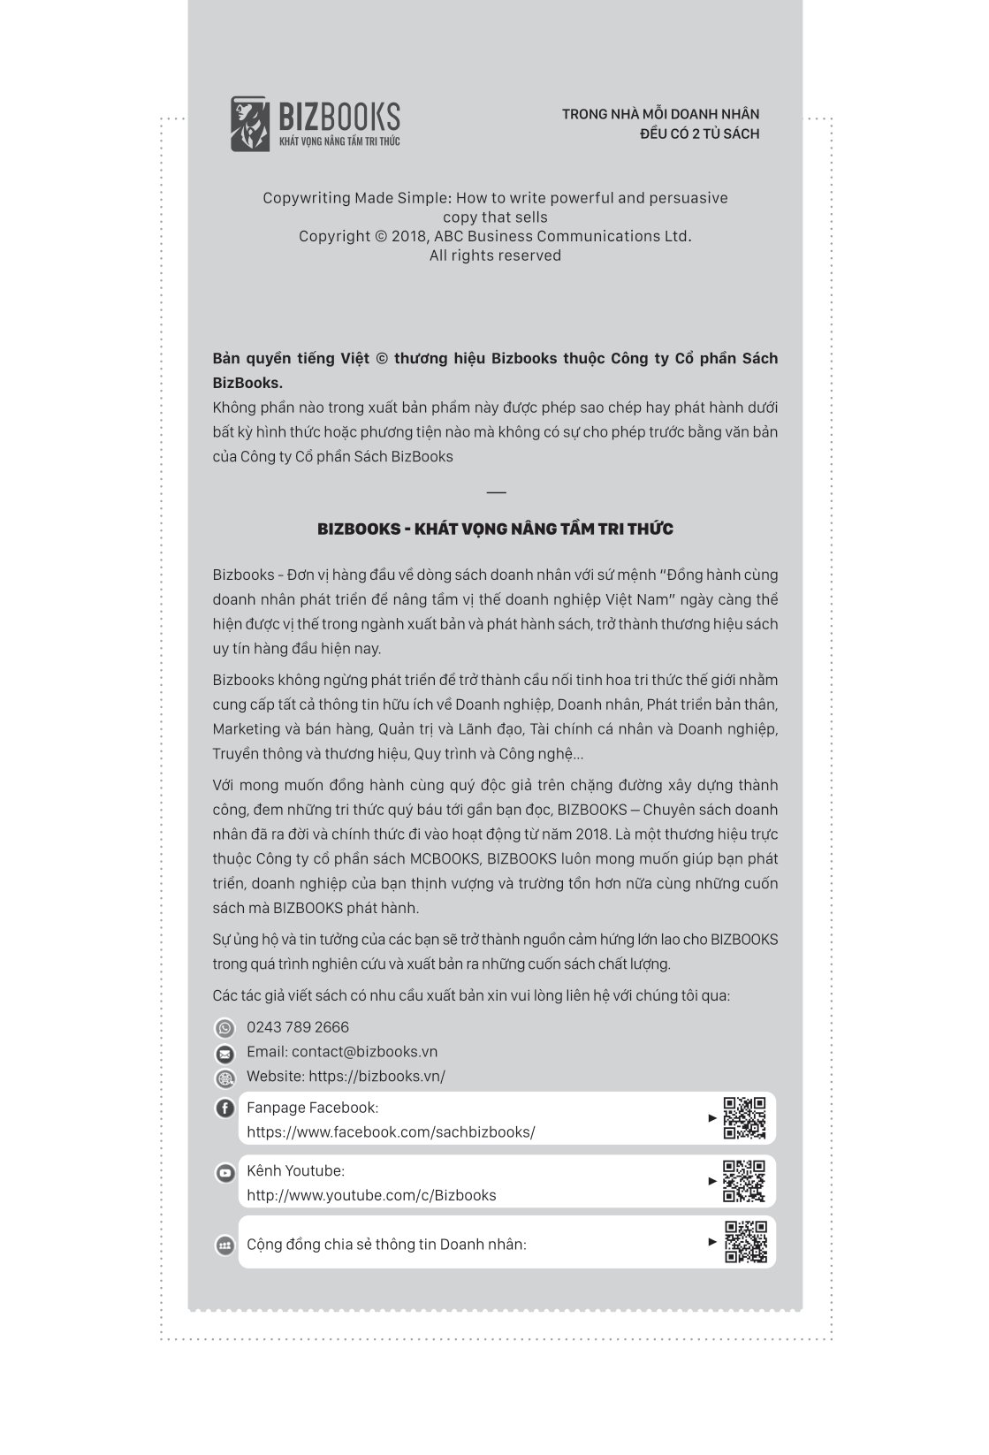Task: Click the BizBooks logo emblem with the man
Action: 248,124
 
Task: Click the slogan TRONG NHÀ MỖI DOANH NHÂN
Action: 660,114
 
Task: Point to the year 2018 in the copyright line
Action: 409,236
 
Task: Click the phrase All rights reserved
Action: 495,255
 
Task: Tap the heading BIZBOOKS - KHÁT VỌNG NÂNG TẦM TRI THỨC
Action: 495,529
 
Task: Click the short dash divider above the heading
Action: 496,492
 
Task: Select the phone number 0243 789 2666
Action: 298,1027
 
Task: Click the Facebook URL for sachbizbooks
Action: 391,1132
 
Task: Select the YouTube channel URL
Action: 371,1195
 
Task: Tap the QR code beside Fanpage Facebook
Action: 744,1118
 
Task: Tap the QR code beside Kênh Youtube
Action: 744,1181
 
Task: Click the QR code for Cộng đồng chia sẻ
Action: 746,1242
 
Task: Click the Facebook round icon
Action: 225,1108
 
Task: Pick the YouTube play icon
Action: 225,1173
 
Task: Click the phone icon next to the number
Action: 225,1028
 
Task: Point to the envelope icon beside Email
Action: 225,1054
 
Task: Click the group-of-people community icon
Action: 225,1246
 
